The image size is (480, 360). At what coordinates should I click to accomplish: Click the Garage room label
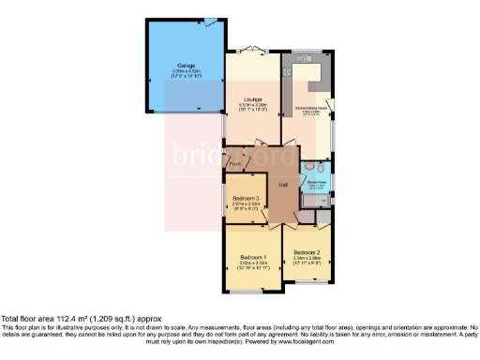(184, 66)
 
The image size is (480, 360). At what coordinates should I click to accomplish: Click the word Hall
(282, 184)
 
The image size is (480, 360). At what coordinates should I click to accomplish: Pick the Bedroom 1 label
(253, 257)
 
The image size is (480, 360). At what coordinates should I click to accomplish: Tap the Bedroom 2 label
(307, 252)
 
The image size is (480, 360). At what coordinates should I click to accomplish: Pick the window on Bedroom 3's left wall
(225, 198)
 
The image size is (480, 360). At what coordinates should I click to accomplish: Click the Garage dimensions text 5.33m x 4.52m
(184, 72)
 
